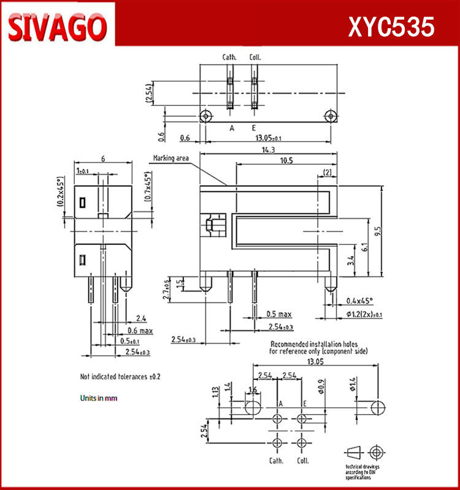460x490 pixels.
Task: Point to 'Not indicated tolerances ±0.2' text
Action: click(x=125, y=376)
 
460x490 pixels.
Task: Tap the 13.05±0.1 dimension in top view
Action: click(x=269, y=138)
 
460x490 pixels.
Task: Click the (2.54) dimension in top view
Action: click(x=148, y=93)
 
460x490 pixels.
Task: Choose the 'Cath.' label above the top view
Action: click(x=229, y=58)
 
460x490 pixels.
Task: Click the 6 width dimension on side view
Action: click(x=103, y=159)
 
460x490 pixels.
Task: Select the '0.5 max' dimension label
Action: click(x=279, y=314)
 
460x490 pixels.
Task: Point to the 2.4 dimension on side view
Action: click(x=140, y=318)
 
